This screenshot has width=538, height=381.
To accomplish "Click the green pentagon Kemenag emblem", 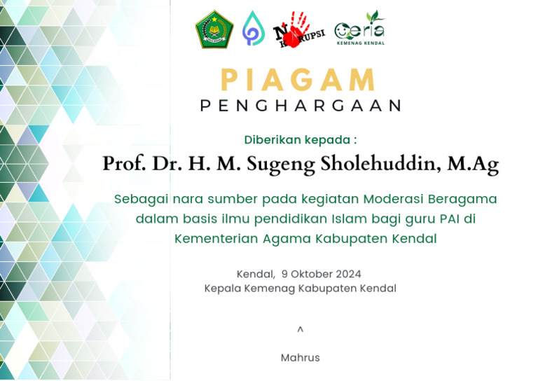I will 214,29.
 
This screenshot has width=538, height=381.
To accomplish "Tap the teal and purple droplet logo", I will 253,29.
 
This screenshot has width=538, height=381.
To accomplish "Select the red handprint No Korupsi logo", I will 298,29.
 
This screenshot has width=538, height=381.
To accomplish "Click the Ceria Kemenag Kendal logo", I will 359,29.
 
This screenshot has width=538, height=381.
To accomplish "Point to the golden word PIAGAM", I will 299,79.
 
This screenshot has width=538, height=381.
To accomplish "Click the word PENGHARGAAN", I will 300,105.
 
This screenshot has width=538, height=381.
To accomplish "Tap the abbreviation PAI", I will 446,219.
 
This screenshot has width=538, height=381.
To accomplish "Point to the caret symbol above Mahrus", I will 301,329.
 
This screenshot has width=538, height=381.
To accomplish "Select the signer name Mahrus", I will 300,357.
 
